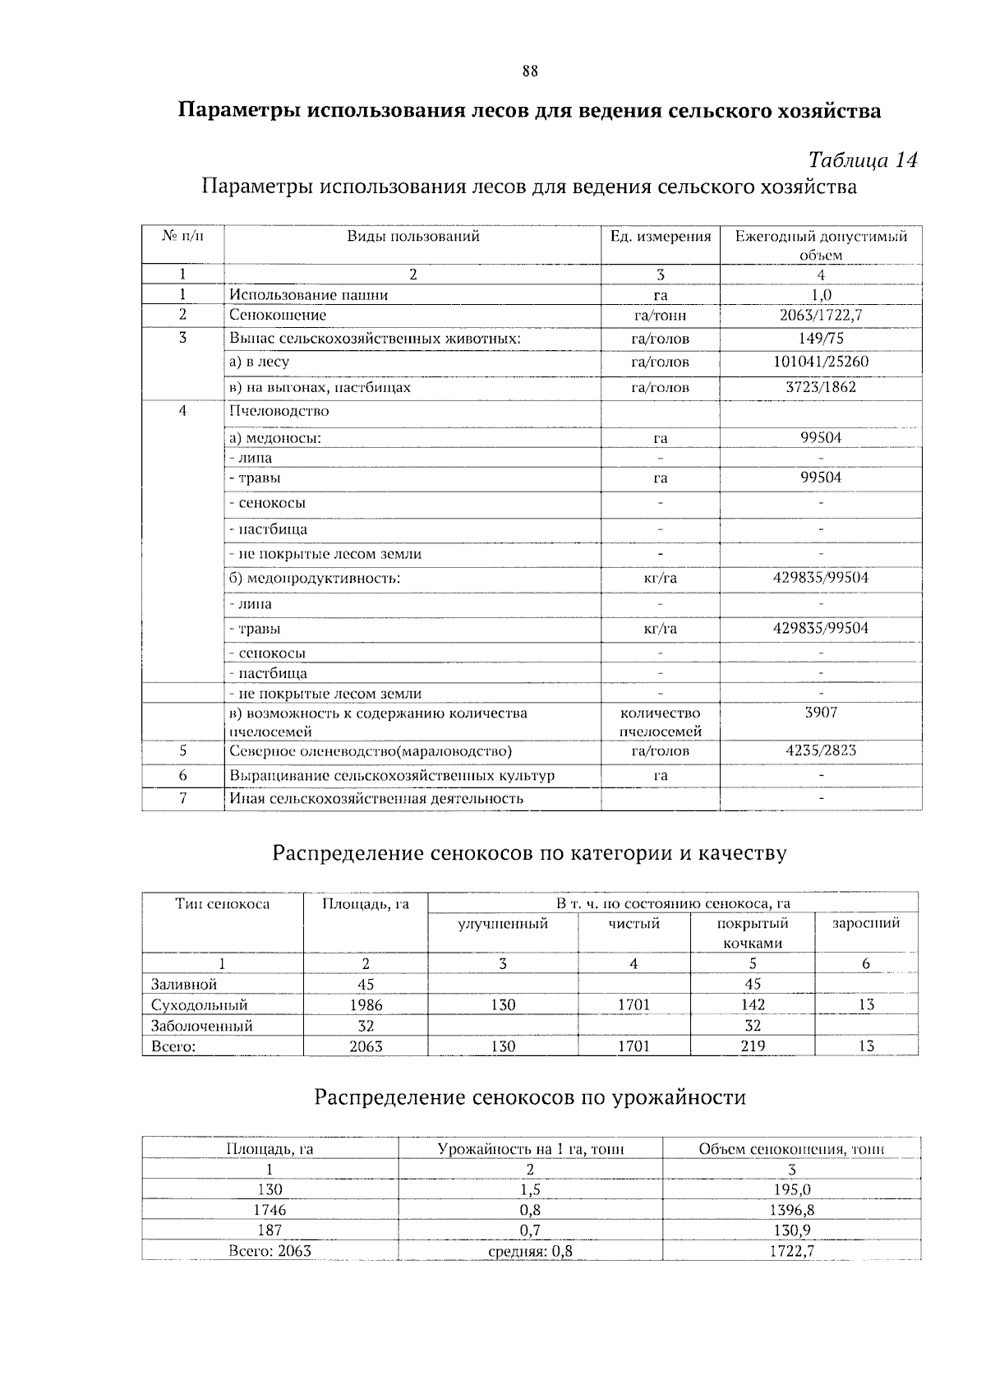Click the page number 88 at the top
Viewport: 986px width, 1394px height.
(530, 71)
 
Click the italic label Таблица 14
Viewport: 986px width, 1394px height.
(862, 159)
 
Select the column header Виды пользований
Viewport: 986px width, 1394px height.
(412, 237)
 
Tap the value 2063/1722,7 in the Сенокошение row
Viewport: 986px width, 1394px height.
(821, 315)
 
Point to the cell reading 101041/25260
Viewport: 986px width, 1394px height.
(821, 362)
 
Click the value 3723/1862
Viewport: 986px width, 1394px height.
(821, 386)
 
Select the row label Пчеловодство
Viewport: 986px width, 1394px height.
(279, 411)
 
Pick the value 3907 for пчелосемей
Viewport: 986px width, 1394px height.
(821, 713)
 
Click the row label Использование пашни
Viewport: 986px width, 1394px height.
(309, 295)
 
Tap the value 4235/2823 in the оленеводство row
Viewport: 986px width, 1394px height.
(821, 750)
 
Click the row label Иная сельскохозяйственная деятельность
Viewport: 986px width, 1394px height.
(376, 798)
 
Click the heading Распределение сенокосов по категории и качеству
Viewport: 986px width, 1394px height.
(529, 853)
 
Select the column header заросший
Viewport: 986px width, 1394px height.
(866, 923)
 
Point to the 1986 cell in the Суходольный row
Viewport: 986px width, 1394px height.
(366, 1004)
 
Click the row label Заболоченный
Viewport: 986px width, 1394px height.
(202, 1026)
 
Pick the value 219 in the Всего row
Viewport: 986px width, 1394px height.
(753, 1046)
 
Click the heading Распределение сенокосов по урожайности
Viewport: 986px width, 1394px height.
(530, 1097)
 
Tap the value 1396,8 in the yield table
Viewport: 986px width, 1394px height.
(791, 1210)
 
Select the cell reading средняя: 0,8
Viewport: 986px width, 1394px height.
(530, 1252)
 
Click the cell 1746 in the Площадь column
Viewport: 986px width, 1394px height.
(270, 1210)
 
